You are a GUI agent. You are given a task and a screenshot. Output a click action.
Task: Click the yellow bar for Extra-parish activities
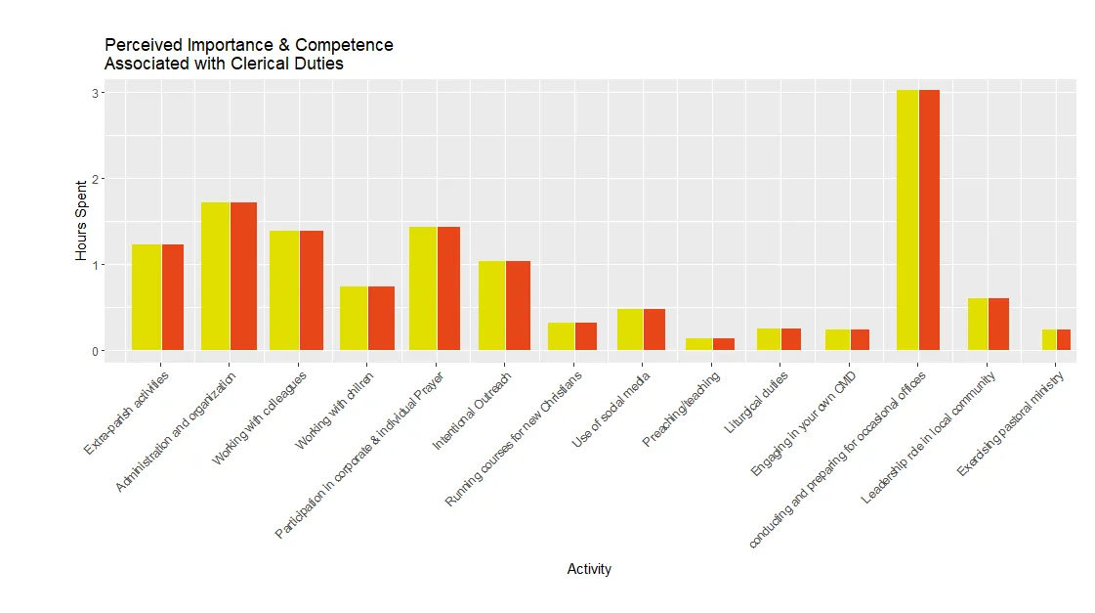[147, 297]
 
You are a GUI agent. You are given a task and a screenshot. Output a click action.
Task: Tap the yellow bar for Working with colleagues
[284, 290]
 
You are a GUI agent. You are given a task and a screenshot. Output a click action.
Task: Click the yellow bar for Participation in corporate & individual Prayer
[423, 288]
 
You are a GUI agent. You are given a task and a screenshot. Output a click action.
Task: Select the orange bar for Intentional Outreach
[519, 305]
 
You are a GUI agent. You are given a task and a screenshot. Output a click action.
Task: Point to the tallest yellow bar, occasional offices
[907, 220]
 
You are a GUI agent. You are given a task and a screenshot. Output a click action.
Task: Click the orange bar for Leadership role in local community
[998, 324]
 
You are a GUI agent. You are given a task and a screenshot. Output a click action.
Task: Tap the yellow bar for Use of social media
[630, 329]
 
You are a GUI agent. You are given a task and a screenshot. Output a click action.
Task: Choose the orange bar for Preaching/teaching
[724, 344]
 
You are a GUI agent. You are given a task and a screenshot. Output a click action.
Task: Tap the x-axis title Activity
[589, 569]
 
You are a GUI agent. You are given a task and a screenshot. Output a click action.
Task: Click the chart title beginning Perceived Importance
[249, 55]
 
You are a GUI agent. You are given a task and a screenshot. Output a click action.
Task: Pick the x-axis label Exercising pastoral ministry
[1011, 423]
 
